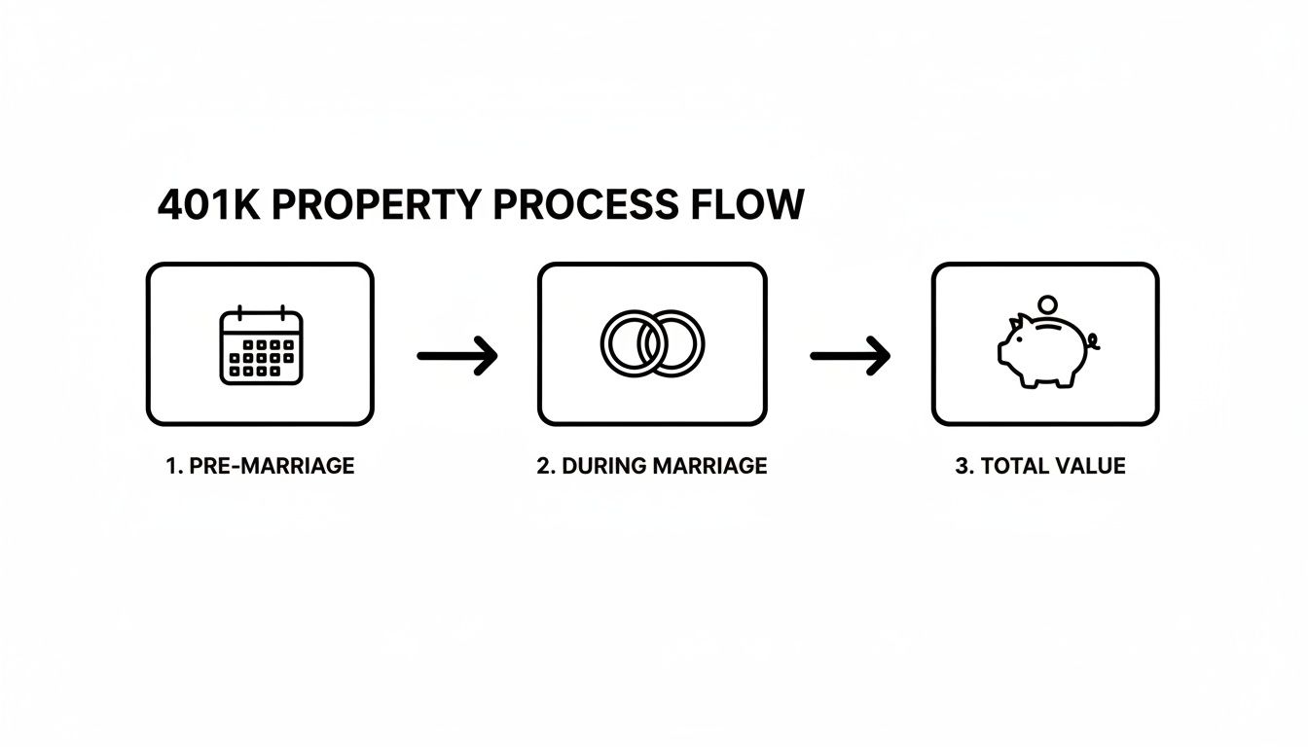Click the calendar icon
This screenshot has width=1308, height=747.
(x=261, y=345)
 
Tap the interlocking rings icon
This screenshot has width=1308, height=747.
(x=653, y=343)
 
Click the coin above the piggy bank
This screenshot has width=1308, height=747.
(x=1047, y=304)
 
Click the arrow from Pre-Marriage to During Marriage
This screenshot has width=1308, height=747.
(x=456, y=356)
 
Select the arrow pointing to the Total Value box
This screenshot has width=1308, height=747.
(x=850, y=356)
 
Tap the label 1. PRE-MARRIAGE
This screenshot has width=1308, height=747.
(x=260, y=466)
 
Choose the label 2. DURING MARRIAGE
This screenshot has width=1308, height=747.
(x=652, y=466)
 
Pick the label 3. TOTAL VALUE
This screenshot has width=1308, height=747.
(x=1040, y=466)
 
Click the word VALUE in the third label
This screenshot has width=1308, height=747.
(x=1091, y=466)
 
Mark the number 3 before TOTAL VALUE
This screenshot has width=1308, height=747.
(x=961, y=466)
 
